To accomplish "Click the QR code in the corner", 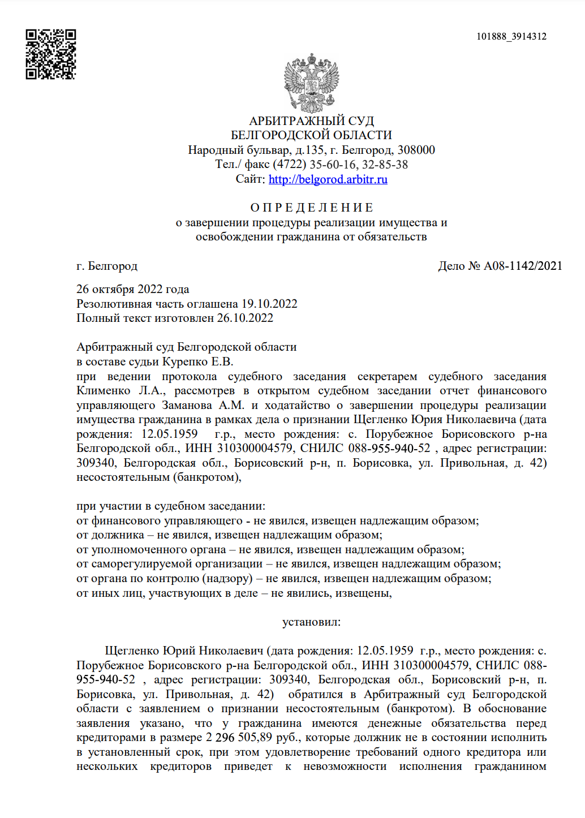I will click(50, 54).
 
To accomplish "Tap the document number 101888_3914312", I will click(511, 37).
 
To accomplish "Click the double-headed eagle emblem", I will click(311, 83).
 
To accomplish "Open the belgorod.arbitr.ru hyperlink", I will click(328, 179).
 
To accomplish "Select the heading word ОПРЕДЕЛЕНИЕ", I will click(311, 208).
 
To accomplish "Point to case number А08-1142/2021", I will click(523, 266).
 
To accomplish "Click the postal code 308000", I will click(416, 150).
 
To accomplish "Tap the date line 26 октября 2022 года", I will click(132, 289).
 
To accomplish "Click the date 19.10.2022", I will click(269, 304).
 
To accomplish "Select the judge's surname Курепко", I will click(186, 361).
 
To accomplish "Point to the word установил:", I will click(311, 622).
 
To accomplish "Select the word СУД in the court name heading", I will click(361, 121).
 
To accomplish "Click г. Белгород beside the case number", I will click(107, 266).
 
